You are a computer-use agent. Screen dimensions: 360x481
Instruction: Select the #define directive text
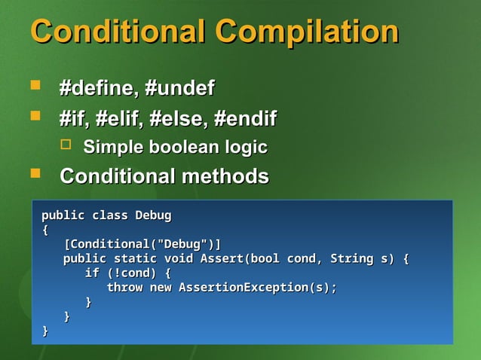point(97,89)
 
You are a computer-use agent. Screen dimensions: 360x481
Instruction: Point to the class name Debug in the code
point(153,215)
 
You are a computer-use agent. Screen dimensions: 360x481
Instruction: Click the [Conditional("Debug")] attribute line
point(142,245)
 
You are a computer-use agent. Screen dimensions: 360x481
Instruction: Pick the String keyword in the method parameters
point(351,259)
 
